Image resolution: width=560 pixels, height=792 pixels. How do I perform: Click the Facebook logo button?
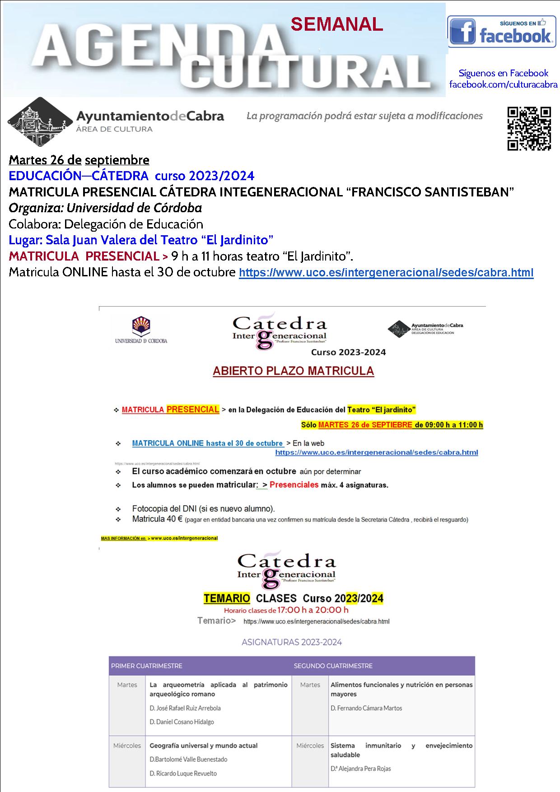(501, 31)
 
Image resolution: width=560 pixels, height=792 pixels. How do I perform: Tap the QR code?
(529, 128)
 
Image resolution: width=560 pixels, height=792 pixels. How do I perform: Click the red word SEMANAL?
(337, 24)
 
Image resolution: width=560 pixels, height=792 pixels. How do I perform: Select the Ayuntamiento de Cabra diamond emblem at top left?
(40, 121)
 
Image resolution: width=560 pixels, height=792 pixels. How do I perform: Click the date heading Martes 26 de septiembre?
(79, 160)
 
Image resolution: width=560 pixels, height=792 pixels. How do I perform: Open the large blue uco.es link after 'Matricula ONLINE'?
(386, 273)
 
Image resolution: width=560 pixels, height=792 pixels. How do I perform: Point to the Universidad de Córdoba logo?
(141, 331)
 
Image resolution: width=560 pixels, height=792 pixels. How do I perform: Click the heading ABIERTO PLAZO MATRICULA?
(293, 371)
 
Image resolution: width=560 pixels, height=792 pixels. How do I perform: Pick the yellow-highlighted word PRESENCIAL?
(193, 410)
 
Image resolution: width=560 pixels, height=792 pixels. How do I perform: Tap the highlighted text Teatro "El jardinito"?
(381, 410)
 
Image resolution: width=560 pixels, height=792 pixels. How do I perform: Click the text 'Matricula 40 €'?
(157, 519)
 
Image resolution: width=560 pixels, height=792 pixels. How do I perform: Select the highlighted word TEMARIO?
(227, 599)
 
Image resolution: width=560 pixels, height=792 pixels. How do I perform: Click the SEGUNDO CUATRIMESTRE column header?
(333, 666)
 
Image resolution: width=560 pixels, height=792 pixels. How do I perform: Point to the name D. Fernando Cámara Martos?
(366, 708)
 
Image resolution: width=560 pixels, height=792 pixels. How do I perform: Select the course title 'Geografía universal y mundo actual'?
(203, 745)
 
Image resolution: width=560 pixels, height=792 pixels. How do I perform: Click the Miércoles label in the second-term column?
(310, 745)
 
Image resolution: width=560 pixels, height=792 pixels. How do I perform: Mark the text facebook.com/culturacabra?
(503, 84)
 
